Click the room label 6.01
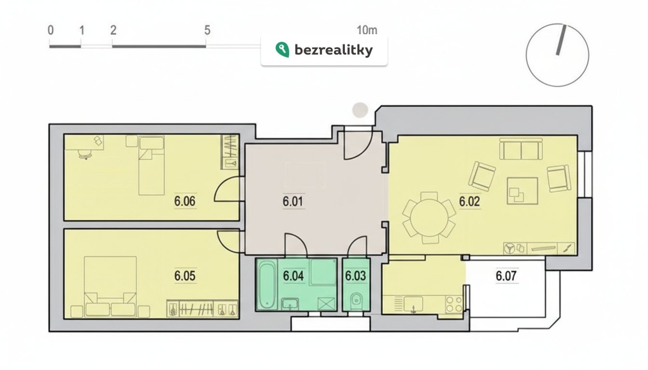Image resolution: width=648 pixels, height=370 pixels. pos(293,201)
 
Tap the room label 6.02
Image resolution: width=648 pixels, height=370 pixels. pos(469,201)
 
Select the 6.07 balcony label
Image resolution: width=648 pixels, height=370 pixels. pos(506,276)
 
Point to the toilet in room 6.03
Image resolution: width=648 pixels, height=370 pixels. pos(356,301)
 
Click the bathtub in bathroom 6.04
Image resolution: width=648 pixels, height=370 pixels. pos(267,284)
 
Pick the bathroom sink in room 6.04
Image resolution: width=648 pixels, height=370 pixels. pos(290,304)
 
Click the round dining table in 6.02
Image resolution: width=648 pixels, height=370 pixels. pos(429,218)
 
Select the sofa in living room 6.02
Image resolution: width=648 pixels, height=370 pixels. pos(521,149)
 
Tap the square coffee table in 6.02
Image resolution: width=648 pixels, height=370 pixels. pos(522,191)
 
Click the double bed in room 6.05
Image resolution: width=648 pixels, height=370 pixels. pos(110,286)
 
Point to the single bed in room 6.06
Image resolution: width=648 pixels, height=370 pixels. pos(151,165)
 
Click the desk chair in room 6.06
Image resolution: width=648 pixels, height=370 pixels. pos(85,154)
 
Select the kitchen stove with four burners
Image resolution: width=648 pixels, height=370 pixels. pos(454,304)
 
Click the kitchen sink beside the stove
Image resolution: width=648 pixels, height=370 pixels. pos(414,304)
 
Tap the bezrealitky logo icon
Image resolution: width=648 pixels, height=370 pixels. pos(282,50)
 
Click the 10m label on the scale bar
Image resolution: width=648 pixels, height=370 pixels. pos(367,30)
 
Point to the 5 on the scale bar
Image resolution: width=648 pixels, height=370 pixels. pos(207,30)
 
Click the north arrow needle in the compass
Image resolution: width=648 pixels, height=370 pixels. pos(561,40)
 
